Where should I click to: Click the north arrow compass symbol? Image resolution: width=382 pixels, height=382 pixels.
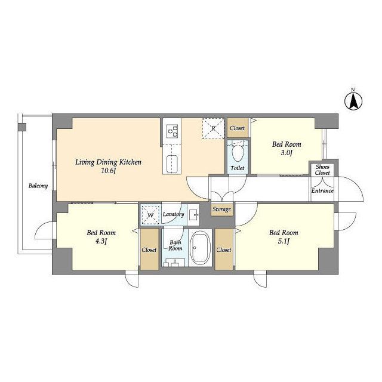353,101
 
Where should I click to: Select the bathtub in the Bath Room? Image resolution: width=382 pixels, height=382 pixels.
201,248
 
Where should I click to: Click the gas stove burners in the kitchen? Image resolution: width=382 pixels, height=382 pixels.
172,131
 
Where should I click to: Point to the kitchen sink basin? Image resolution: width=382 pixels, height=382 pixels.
172,164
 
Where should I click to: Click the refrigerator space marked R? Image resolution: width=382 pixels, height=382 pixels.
213,128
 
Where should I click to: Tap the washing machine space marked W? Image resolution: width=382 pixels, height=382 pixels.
150,215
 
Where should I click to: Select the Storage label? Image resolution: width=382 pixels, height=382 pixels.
221,210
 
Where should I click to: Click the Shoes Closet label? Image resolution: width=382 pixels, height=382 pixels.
322,170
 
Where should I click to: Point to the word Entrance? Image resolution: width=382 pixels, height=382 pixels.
322,191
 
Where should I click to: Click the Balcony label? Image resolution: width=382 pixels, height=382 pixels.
38,186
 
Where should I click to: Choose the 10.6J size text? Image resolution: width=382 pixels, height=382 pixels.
108,171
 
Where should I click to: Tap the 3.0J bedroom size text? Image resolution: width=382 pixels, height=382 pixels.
286,153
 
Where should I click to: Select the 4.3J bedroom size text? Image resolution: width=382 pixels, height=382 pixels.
101,241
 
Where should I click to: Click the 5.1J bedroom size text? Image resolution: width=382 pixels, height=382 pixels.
284,241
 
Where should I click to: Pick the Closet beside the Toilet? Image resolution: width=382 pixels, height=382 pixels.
238,128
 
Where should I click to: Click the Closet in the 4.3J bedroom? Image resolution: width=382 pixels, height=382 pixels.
149,249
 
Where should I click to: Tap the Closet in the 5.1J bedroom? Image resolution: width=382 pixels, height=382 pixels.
224,249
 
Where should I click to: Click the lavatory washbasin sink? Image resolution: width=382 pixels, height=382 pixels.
194,215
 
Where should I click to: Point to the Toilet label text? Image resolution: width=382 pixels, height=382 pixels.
238,168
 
